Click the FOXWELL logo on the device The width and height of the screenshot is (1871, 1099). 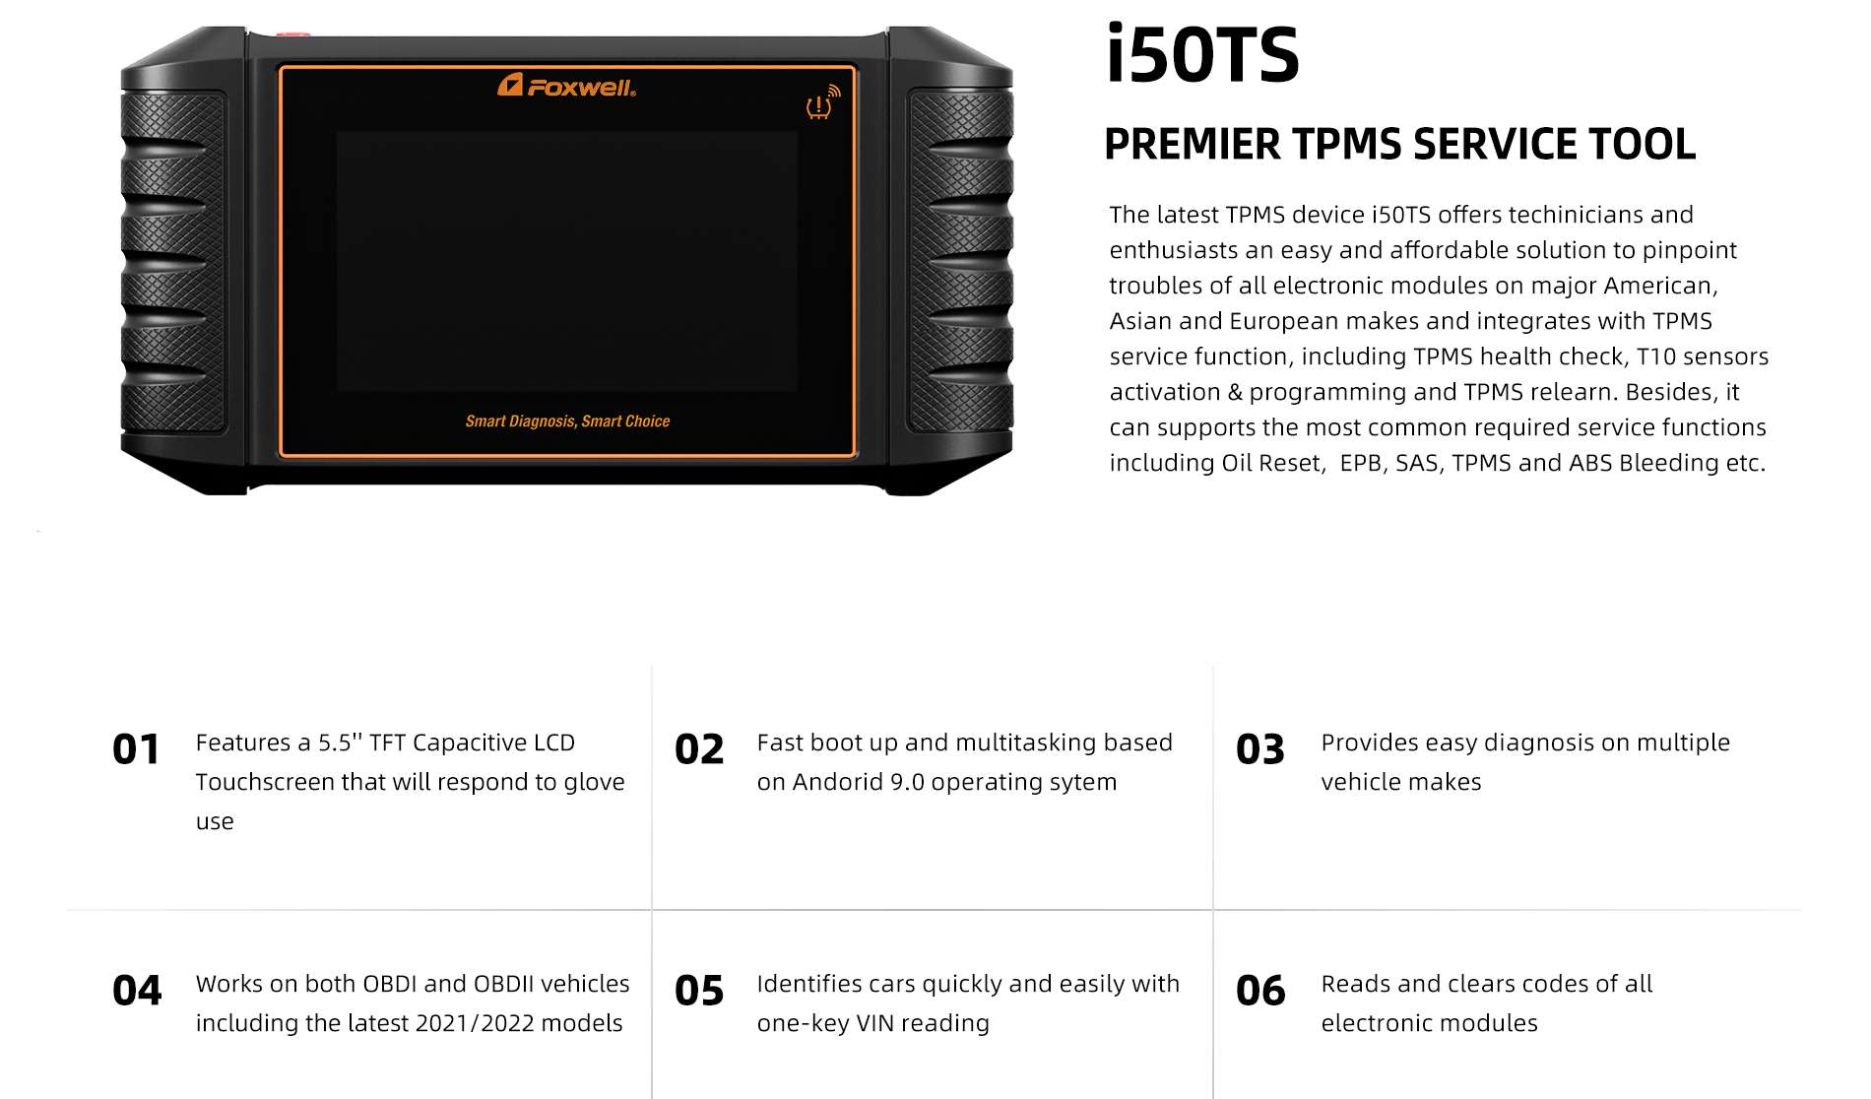pyautogui.click(x=566, y=86)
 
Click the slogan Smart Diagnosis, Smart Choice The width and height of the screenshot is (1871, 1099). pyautogui.click(x=567, y=421)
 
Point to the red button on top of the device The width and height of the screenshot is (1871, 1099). pyautogui.click(x=292, y=35)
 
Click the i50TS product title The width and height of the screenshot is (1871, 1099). pyautogui.click(x=1202, y=54)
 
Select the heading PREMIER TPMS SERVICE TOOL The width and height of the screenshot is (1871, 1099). pyautogui.click(x=1399, y=144)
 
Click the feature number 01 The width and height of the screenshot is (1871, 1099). pyautogui.click(x=136, y=749)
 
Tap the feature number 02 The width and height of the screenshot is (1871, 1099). pyautogui.click(x=699, y=749)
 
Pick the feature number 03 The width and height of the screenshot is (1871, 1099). pyautogui.click(x=1260, y=749)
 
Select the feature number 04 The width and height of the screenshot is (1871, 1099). pyautogui.click(x=137, y=991)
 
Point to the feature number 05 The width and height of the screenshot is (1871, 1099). pyautogui.click(x=699, y=991)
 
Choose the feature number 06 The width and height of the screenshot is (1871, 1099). pyautogui.click(x=1260, y=991)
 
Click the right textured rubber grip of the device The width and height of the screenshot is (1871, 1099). pyautogui.click(x=960, y=262)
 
